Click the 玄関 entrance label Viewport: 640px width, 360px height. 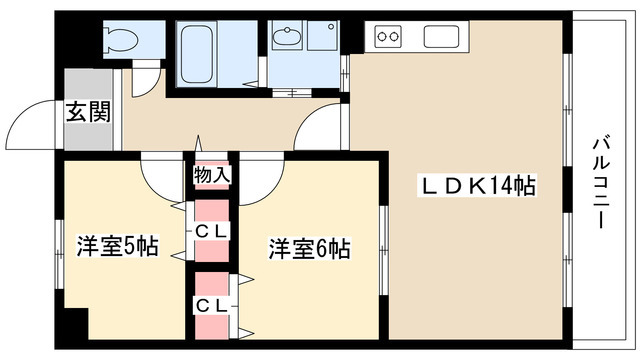tap(88, 111)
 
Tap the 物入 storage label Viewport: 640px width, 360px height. tap(211, 176)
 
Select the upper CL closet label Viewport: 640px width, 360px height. tap(211, 232)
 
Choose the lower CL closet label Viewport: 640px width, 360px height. tap(211, 304)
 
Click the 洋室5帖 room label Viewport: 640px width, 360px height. tap(117, 247)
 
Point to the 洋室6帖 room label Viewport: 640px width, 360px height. tap(308, 248)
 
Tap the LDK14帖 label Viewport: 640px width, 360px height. tap(475, 186)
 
